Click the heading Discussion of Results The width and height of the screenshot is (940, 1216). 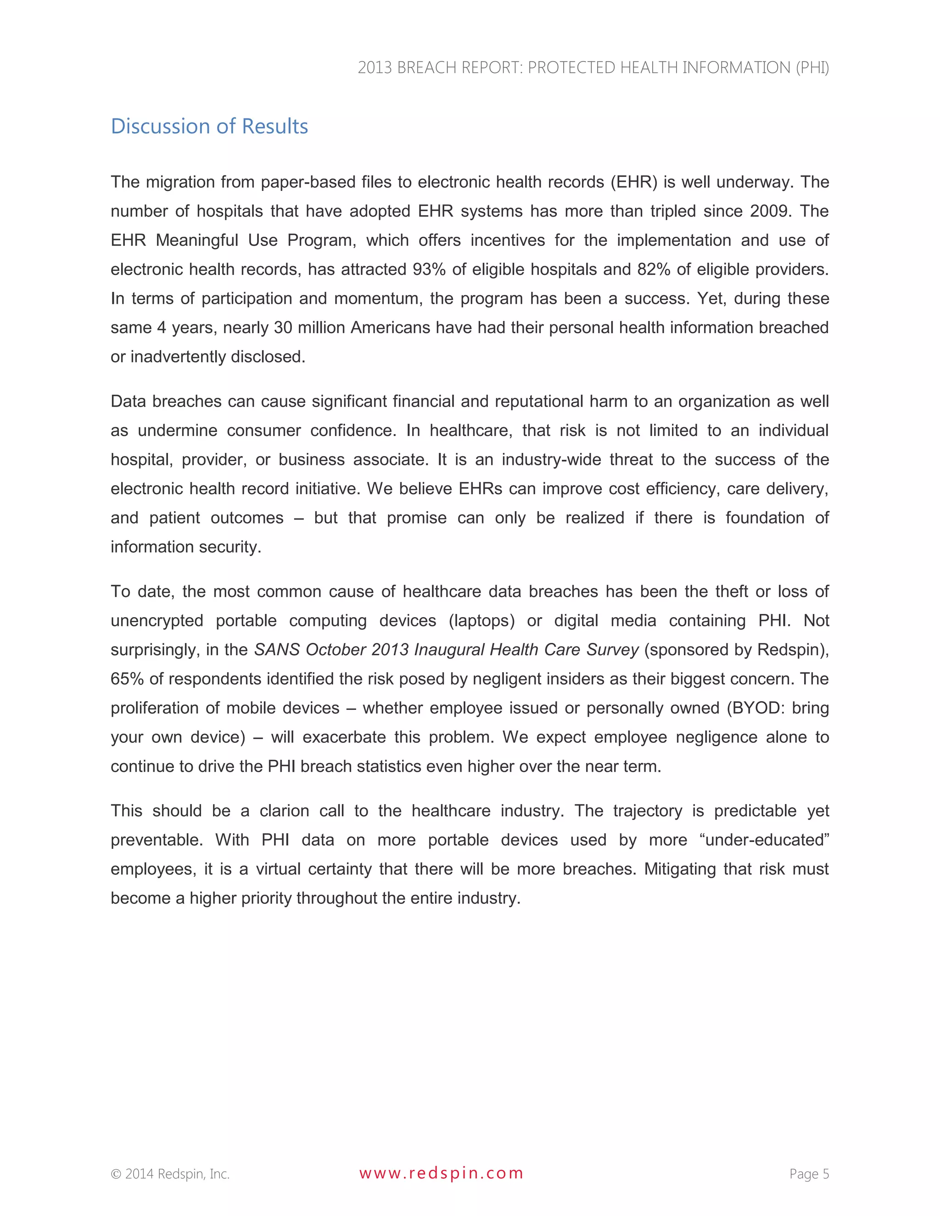click(x=209, y=126)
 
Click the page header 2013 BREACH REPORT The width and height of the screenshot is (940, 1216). click(x=593, y=67)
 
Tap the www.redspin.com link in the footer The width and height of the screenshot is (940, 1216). click(x=441, y=1173)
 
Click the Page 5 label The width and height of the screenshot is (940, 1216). click(x=809, y=1174)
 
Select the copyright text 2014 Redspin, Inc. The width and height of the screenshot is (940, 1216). click(x=170, y=1174)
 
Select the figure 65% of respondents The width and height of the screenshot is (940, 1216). click(x=127, y=679)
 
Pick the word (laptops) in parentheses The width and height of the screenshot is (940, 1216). click(x=481, y=620)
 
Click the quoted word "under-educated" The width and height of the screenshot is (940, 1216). click(x=764, y=840)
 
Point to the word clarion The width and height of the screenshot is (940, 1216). click(x=284, y=811)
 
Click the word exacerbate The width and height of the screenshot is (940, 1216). click(x=340, y=737)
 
